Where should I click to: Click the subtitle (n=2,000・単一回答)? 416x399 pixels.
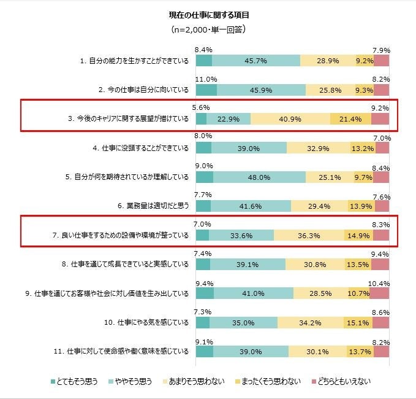[x=208, y=29]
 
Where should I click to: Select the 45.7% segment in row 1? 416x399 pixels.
[x=256, y=60]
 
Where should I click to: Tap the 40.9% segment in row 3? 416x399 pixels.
[x=290, y=118]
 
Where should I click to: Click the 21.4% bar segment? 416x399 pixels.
[x=350, y=118]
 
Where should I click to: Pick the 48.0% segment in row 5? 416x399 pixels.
[x=259, y=177]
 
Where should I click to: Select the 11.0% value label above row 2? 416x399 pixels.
[x=206, y=79]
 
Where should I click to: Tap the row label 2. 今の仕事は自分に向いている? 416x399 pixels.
[x=145, y=90]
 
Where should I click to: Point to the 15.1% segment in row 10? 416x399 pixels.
[x=358, y=322]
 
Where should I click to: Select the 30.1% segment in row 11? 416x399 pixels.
[x=317, y=352]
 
